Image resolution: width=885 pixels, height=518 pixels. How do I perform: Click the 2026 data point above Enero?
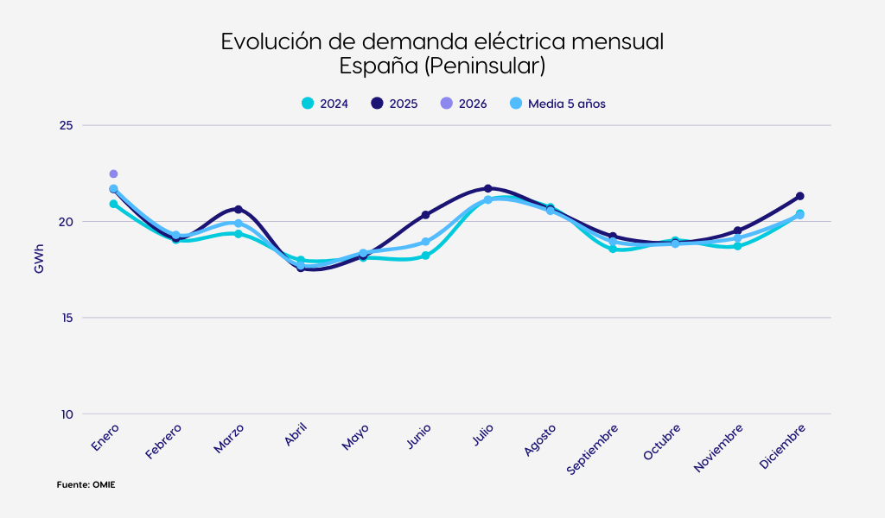(113, 174)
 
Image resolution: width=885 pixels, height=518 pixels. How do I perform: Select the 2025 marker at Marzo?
(239, 209)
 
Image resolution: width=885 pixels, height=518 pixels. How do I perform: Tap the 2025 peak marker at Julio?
(487, 188)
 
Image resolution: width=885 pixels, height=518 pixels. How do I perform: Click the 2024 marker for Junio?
(425, 256)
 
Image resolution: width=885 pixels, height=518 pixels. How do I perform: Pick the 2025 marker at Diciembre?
(799, 196)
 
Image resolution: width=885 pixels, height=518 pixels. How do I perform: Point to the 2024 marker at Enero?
(113, 204)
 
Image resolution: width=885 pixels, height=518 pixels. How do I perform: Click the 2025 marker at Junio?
(425, 214)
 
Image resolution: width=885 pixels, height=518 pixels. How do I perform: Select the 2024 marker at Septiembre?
(613, 249)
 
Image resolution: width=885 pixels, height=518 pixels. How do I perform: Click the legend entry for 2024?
(325, 104)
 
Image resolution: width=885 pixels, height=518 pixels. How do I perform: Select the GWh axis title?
(39, 259)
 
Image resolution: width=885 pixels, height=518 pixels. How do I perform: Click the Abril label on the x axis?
(296, 434)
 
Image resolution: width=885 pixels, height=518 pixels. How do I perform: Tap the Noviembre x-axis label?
(719, 447)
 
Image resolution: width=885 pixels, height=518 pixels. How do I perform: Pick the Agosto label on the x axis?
(540, 439)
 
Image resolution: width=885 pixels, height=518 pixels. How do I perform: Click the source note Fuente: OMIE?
(86, 485)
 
